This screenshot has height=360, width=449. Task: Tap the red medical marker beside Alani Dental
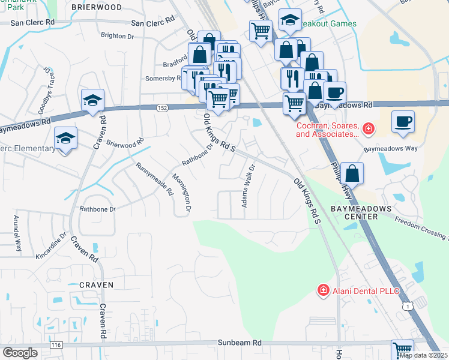[x=323, y=290]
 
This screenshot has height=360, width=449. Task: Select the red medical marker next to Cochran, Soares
[x=367, y=128]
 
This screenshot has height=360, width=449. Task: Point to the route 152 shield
[x=163, y=108]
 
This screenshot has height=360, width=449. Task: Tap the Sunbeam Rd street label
[x=240, y=343]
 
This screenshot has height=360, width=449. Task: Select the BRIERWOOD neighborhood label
[x=96, y=7]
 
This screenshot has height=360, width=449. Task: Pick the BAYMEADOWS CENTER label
[x=361, y=212]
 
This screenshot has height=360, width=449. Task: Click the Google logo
[x=20, y=353]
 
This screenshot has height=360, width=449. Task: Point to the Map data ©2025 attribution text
[x=423, y=355]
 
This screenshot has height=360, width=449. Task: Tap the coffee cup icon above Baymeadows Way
[x=403, y=121]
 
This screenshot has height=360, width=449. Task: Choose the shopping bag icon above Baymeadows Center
[x=354, y=173]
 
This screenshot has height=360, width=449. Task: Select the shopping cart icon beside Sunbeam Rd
[x=402, y=350]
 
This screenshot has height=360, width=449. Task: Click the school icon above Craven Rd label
[x=93, y=100]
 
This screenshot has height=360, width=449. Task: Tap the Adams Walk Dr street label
[x=249, y=186]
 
